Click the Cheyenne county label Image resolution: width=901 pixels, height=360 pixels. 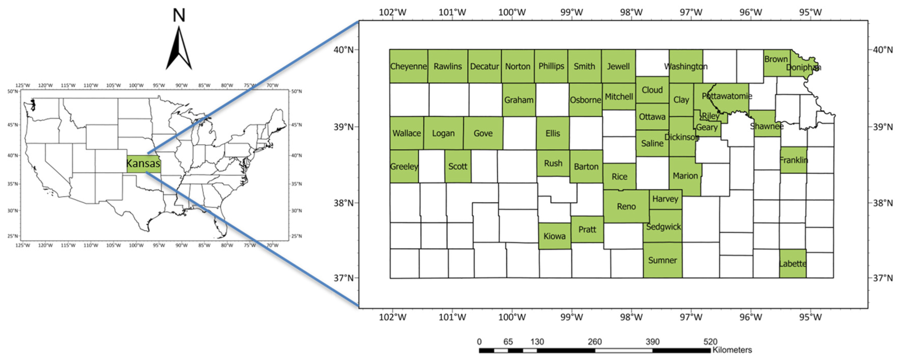coord(408,66)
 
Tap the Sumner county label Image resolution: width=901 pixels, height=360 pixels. coord(663,260)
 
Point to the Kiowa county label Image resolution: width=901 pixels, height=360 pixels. coord(554,236)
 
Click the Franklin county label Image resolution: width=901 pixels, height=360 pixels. coord(794,160)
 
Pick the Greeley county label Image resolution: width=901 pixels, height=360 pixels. coord(404,166)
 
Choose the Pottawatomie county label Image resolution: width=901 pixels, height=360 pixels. coord(727,96)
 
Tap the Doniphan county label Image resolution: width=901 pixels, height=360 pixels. coord(803,67)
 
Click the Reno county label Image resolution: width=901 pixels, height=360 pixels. coord(626,206)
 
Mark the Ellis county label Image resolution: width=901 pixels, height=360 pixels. coord(553,133)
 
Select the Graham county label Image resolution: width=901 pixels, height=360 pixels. coord(519,100)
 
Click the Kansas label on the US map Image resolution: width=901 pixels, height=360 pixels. coord(143,163)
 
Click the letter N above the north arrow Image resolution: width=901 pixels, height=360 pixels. coord(179,15)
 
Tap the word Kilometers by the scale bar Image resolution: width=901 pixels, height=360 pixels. coord(732,350)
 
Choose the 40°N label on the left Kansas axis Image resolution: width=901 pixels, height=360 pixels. coord(344,50)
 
